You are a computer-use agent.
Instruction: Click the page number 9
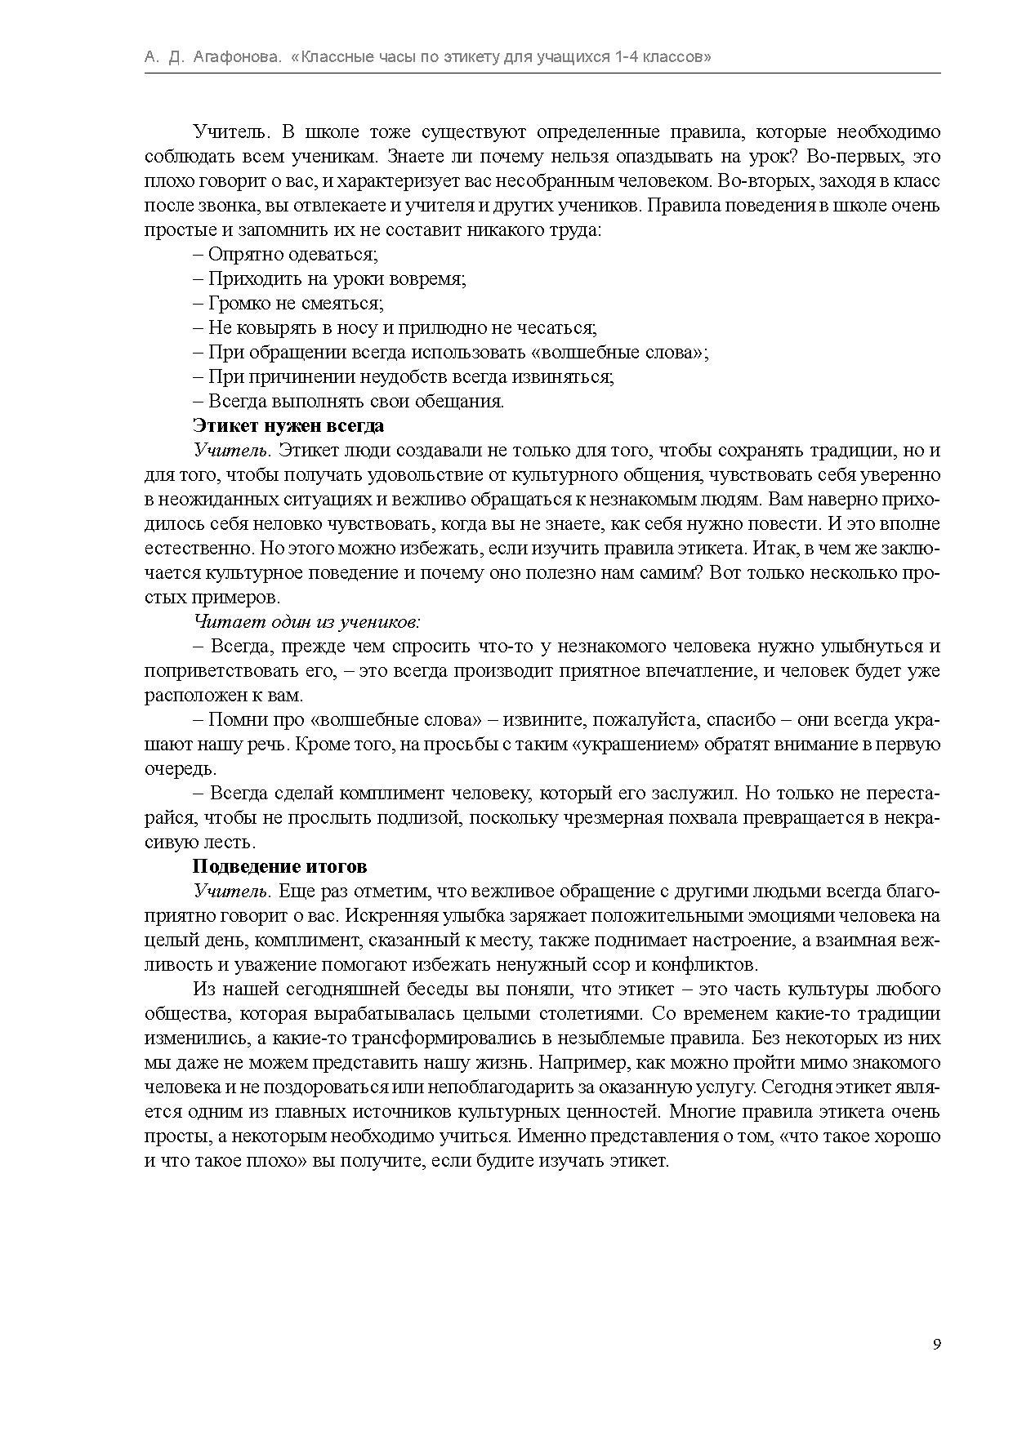coord(936,1345)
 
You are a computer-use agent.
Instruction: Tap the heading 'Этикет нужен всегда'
coord(288,426)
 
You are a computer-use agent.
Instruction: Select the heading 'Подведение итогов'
coord(279,867)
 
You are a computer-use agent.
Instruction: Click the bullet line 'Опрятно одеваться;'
coord(286,255)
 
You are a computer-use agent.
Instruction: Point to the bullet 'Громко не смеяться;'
coord(288,304)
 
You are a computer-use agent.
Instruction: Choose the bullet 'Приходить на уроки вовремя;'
coord(330,279)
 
